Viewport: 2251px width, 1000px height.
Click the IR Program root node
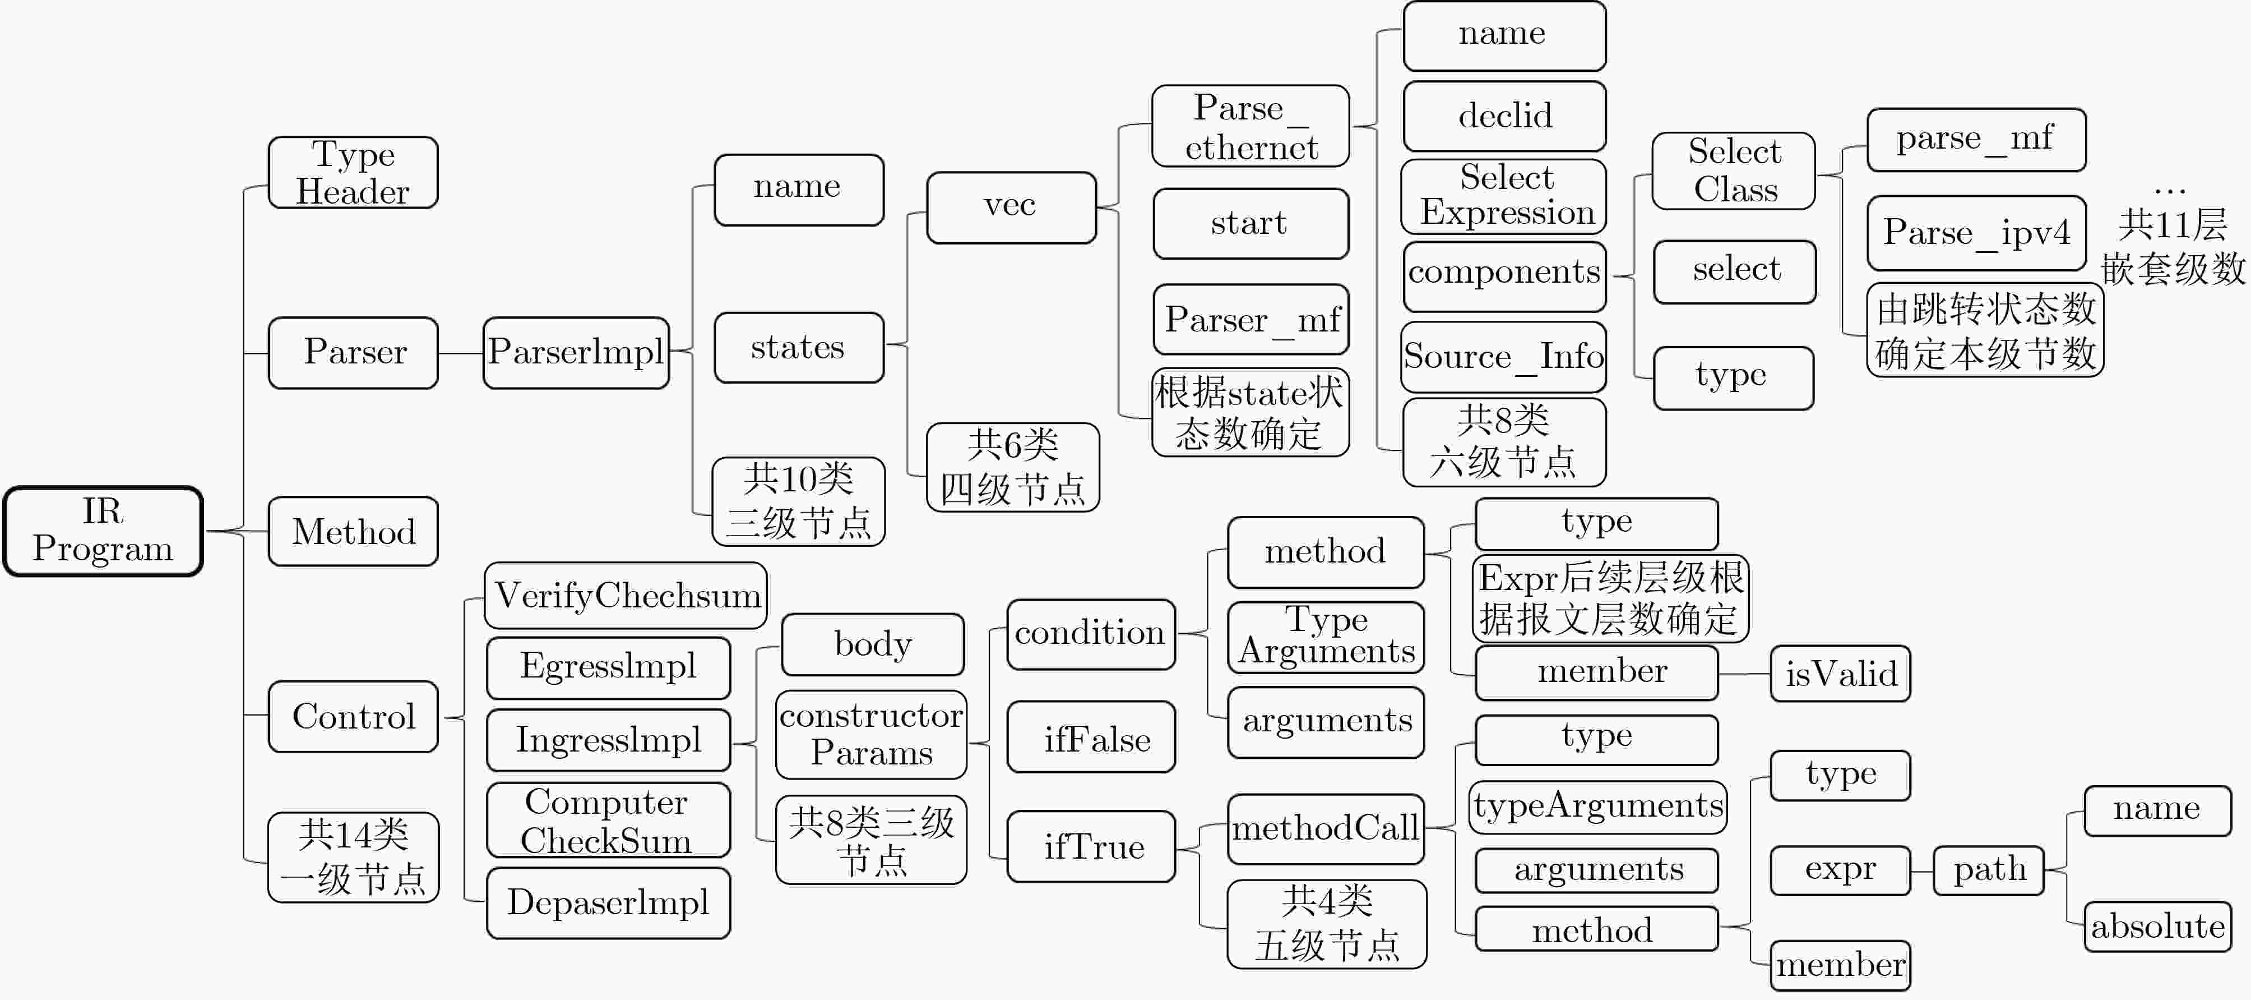tap(103, 531)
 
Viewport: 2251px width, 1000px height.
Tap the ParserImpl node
tap(576, 352)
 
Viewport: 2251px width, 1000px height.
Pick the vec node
tap(1011, 207)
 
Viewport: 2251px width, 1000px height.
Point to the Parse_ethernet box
tap(1250, 127)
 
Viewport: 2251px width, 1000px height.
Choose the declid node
tap(1504, 116)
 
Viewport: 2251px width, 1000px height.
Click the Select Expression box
tap(1504, 196)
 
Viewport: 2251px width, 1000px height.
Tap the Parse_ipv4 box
tap(1976, 233)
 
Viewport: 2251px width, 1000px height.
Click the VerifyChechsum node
tap(626, 595)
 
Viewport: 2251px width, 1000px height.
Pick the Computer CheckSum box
tap(608, 820)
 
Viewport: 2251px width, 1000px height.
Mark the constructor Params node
tap(871, 734)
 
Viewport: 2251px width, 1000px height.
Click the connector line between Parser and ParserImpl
tap(461, 353)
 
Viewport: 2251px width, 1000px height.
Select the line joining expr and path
tap(1921, 870)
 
